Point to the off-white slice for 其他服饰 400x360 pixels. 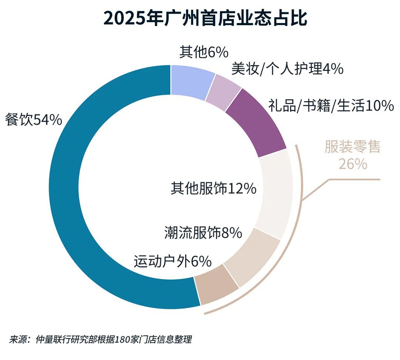tap(276, 193)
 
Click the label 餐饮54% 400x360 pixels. tap(33, 120)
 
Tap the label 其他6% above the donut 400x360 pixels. tap(203, 52)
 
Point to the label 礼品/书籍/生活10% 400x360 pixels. tap(330, 106)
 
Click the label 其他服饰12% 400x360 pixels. tap(213, 189)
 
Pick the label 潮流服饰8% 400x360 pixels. tap(203, 233)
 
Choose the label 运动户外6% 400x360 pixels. tap(172, 261)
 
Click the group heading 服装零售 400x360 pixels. tap(352, 147)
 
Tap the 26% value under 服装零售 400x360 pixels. tap(353, 164)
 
